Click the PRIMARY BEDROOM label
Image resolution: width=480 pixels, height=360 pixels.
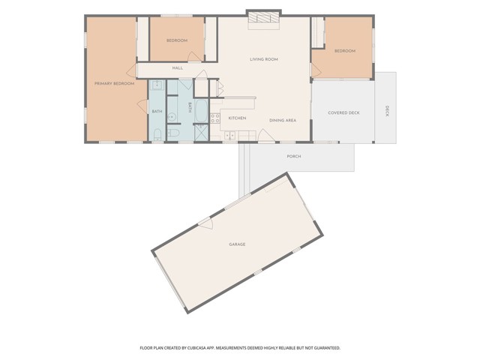click(114, 83)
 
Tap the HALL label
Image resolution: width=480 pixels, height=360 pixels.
click(178, 68)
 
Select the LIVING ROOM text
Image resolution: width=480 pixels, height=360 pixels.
click(264, 59)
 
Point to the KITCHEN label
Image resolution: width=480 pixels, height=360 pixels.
click(237, 118)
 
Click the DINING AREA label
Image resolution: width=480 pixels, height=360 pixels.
click(283, 120)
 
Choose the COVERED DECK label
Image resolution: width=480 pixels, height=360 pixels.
click(343, 112)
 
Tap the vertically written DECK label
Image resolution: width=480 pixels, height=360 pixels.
click(387, 112)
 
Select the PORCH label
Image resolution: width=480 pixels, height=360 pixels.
click(294, 157)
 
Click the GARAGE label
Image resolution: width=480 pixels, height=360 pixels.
click(237, 244)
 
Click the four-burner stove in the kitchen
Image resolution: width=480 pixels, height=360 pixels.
click(215, 118)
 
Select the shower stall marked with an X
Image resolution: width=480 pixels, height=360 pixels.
click(202, 133)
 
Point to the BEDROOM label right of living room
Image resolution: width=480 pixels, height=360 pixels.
click(344, 50)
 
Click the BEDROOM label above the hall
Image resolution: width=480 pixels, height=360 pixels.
click(176, 40)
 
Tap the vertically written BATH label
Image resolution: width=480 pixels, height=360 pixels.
click(190, 107)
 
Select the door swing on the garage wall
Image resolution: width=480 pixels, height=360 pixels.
click(205, 224)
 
